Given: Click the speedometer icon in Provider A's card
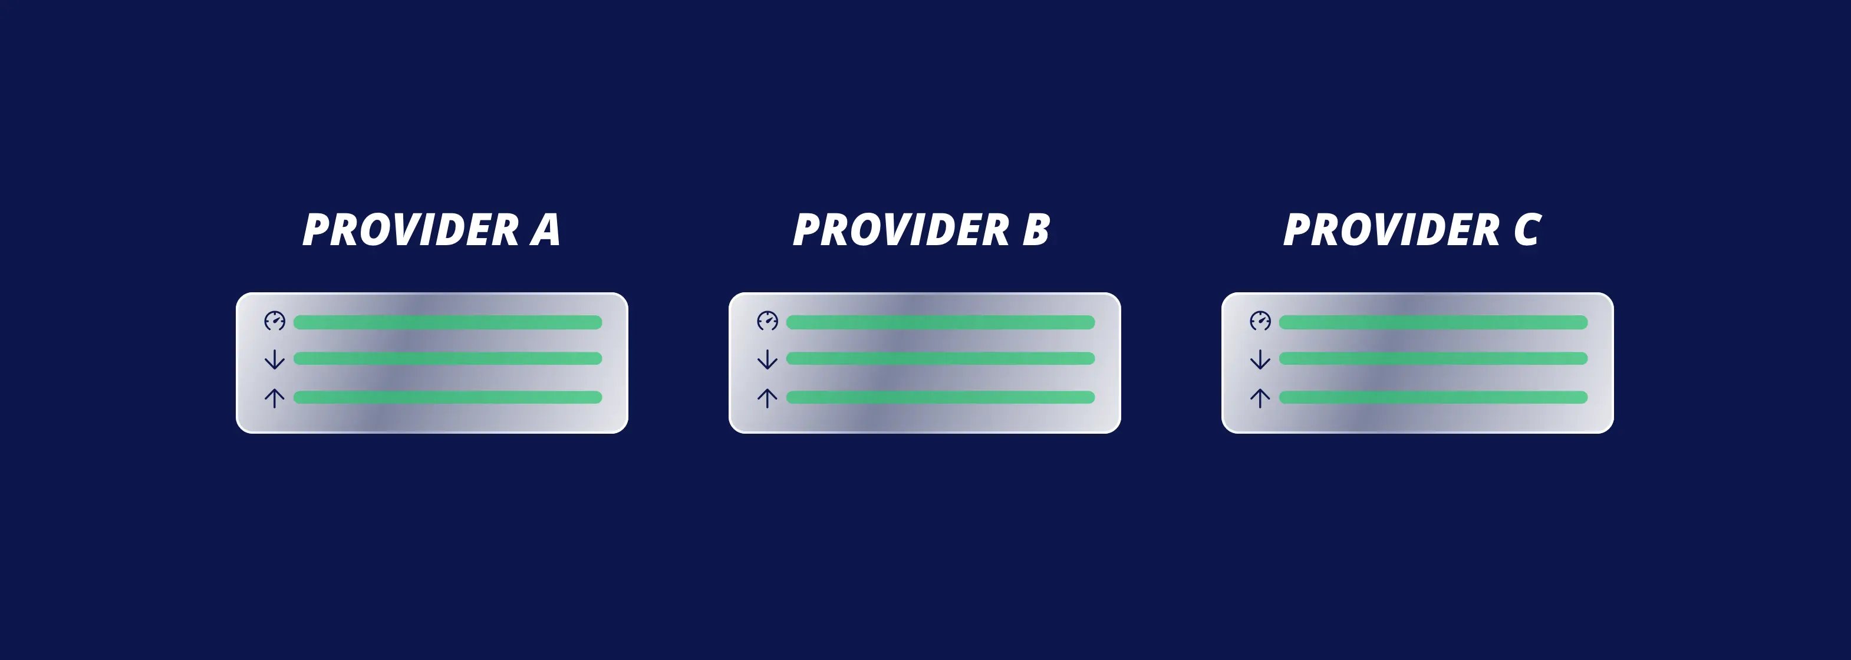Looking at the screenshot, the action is click(275, 321).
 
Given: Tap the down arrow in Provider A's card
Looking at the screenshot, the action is click(275, 359).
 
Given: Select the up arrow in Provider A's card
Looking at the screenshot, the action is click(275, 398).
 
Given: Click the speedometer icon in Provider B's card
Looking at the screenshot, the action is click(768, 321).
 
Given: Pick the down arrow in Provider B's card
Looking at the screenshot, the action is click(768, 359).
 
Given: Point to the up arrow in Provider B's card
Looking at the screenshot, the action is click(768, 398).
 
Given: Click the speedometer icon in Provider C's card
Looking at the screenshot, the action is click(1260, 321).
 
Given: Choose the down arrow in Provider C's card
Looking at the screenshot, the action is click(1260, 359).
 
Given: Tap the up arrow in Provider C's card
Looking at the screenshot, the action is click(1260, 398).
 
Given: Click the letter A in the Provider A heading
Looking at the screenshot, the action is click(545, 230).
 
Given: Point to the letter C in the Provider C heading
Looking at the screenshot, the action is click(1527, 230).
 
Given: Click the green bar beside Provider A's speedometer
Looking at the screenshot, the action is click(447, 322).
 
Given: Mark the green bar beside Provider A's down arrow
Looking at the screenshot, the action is click(447, 358).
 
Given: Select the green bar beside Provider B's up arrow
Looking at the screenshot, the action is click(941, 397).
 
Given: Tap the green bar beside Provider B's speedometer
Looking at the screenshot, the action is click(941, 322).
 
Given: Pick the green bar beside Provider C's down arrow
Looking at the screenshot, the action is click(1434, 358).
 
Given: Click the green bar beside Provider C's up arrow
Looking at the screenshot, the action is click(1434, 397).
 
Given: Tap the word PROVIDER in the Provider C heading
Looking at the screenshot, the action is click(1392, 230).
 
